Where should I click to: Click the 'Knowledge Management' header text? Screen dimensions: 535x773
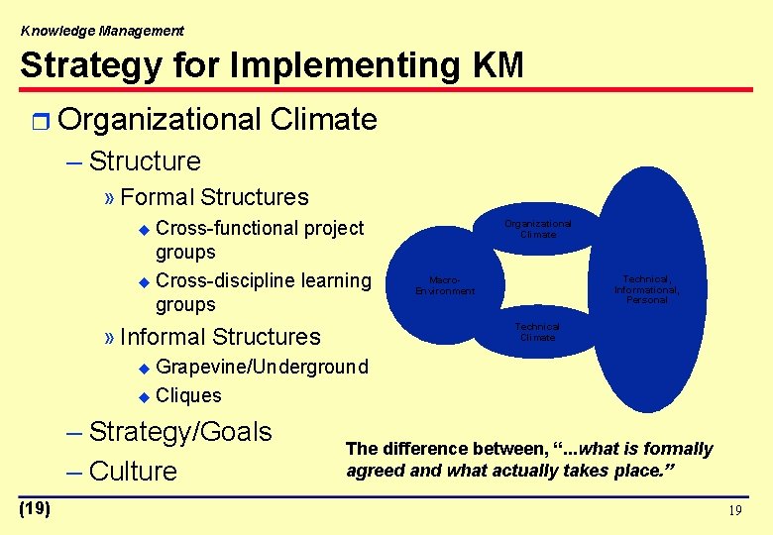click(x=102, y=31)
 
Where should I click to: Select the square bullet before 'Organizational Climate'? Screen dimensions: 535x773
click(x=39, y=121)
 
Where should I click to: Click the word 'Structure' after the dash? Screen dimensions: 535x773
click(x=145, y=161)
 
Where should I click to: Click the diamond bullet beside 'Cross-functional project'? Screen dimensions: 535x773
click(x=145, y=229)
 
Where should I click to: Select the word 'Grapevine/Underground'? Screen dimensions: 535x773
click(x=263, y=368)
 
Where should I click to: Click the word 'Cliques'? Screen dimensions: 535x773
click(x=189, y=395)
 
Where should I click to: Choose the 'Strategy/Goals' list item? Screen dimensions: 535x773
click(x=180, y=432)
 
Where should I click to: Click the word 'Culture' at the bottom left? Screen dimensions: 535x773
click(x=133, y=472)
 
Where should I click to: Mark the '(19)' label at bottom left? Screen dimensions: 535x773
click(x=35, y=508)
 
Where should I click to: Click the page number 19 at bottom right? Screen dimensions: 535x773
click(x=733, y=511)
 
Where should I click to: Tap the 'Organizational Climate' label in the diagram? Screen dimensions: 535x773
click(x=538, y=229)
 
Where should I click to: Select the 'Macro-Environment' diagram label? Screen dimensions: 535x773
click(x=445, y=285)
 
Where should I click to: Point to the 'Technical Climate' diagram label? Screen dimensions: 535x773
click(x=538, y=332)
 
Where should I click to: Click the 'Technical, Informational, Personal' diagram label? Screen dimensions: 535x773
click(x=647, y=289)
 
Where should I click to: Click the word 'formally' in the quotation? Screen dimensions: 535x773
click(x=679, y=449)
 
